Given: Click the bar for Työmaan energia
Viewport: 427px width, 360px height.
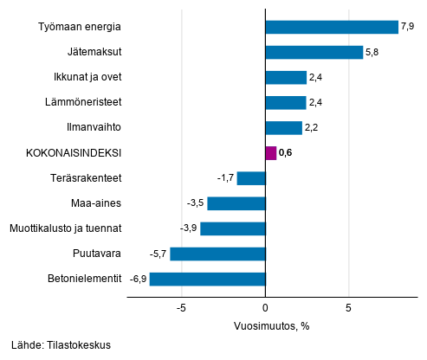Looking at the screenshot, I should pos(332,27).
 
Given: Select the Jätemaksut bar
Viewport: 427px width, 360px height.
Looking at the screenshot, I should pos(314,52).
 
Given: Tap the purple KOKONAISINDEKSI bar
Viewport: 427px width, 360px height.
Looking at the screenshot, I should pos(271,153).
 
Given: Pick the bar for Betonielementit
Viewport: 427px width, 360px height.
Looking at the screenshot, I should pos(207,279).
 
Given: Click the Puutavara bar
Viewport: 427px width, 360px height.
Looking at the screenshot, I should pos(217,254).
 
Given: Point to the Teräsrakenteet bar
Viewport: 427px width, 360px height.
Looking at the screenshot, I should pos(251,178).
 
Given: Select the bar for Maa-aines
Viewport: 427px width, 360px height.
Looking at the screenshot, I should pos(236,203).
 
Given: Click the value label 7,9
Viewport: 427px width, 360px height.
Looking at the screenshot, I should pos(408,27).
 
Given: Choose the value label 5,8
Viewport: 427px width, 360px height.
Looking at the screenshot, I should pos(373,52).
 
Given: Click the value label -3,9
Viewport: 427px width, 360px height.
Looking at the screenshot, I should pos(189,228).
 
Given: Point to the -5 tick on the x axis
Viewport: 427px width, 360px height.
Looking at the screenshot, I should pos(182,308).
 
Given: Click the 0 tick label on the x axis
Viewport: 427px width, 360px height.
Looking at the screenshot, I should pos(265,308).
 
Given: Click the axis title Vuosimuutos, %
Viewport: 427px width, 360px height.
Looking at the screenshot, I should pos(272,326).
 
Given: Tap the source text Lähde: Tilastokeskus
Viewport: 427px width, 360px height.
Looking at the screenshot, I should pos(61,345).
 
